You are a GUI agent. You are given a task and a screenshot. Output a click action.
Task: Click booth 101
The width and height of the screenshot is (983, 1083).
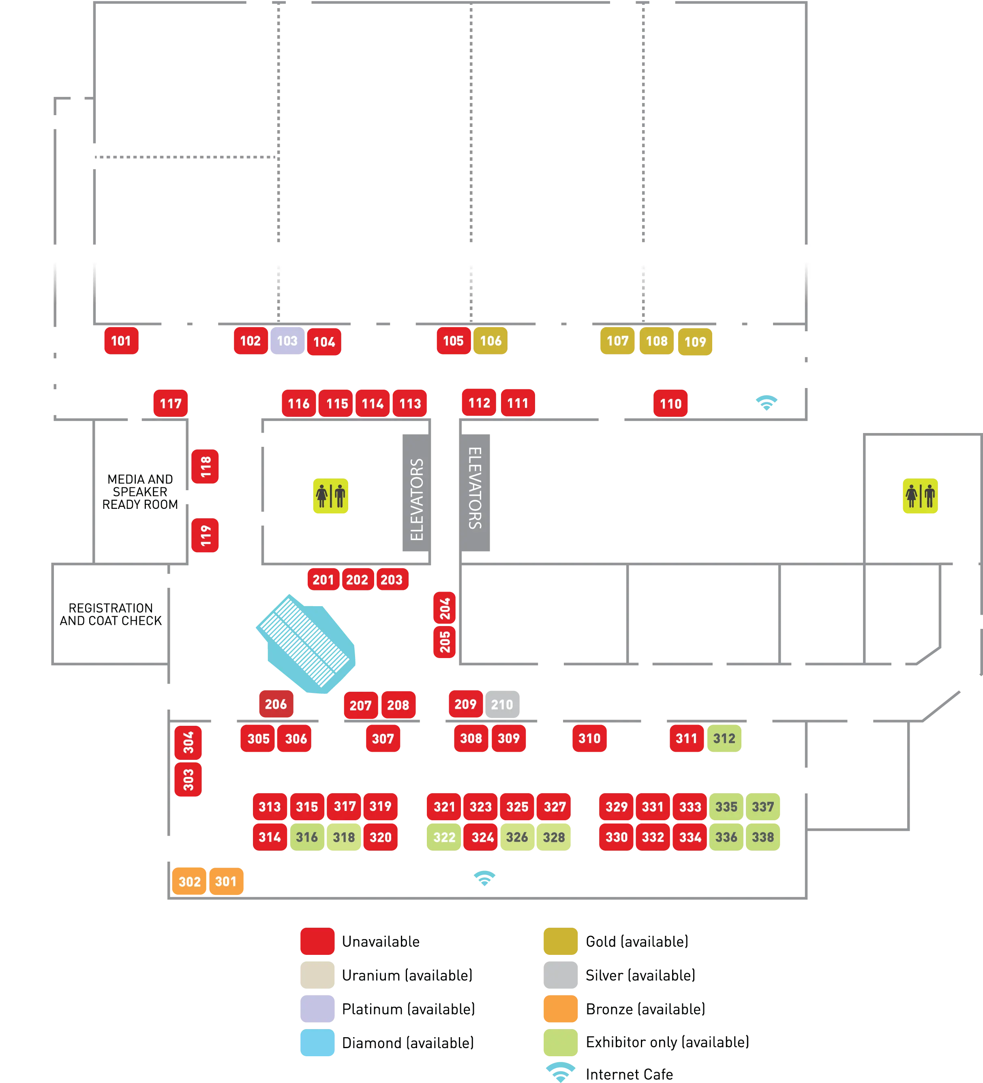tap(121, 341)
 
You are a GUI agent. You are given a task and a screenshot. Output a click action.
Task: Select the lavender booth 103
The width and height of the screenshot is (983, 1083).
tap(287, 341)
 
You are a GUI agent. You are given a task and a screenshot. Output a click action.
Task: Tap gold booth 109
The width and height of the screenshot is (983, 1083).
tap(695, 342)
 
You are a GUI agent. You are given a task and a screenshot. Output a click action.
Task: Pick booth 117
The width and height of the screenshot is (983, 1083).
tap(170, 403)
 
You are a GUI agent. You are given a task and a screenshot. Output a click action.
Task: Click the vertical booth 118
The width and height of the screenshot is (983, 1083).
tap(205, 467)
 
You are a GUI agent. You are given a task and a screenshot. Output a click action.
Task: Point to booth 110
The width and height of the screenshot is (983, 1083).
tap(670, 403)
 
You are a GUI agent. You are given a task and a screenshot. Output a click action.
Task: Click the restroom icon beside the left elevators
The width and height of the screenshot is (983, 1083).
tap(330, 495)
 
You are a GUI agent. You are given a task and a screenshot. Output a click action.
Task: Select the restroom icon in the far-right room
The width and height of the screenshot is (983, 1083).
tap(920, 495)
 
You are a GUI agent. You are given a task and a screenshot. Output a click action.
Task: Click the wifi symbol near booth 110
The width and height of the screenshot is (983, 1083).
tap(767, 402)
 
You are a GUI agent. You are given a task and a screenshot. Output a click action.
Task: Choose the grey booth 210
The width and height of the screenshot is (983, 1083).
tap(502, 704)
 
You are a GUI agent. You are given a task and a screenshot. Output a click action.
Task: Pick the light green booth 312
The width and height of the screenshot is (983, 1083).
tap(724, 738)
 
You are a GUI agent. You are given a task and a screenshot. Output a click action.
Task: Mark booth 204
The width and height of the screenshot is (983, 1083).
tap(444, 609)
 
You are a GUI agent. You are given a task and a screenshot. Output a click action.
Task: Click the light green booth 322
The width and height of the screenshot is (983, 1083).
tap(444, 837)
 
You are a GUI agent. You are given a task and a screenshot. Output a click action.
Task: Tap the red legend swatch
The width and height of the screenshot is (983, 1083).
tap(317, 941)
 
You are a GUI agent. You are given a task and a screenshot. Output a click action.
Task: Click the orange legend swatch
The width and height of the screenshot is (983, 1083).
tap(560, 1008)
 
